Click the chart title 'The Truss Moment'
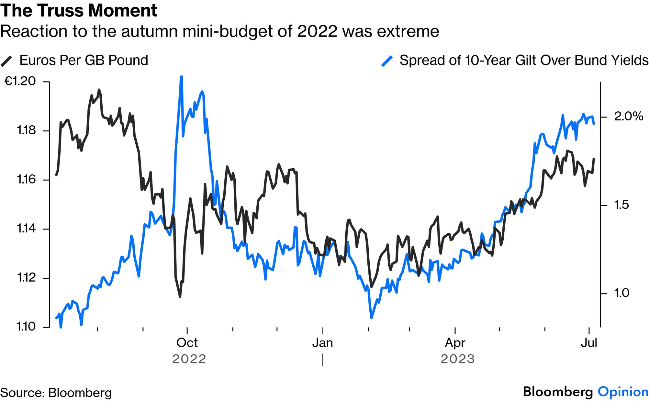pyautogui.click(x=79, y=10)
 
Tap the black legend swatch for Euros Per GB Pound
pyautogui.click(x=6, y=61)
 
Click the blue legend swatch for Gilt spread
pyautogui.click(x=387, y=61)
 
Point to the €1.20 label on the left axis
pyautogui.click(x=20, y=81)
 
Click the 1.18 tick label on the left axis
pyautogui.click(x=26, y=130)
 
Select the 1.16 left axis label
pyautogui.click(x=26, y=179)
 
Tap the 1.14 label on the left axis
pyautogui.click(x=26, y=228)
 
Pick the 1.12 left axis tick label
pyautogui.click(x=26, y=278)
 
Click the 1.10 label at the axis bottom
pyautogui.click(x=26, y=327)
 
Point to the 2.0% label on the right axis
pyautogui.click(x=628, y=116)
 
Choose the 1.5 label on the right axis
pyautogui.click(x=621, y=205)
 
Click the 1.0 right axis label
pyautogui.click(x=621, y=293)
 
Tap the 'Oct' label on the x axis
pyautogui.click(x=187, y=343)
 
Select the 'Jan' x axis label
pyautogui.click(x=322, y=343)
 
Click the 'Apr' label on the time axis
pyautogui.click(x=455, y=343)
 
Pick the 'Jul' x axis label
pyautogui.click(x=588, y=343)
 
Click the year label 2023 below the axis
pyautogui.click(x=457, y=359)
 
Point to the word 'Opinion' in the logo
pyautogui.click(x=623, y=392)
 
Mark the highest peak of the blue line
pyautogui.click(x=181, y=77)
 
